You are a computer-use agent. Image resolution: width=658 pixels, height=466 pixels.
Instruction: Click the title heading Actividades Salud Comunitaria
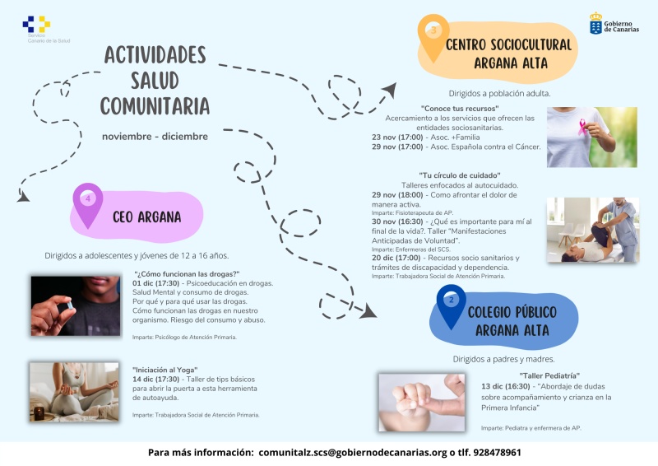click(155, 81)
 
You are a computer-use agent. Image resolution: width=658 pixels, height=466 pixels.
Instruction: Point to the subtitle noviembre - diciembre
click(155, 136)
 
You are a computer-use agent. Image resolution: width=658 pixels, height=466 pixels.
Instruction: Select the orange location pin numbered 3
click(433, 31)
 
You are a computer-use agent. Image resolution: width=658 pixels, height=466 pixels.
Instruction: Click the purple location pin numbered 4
click(88, 200)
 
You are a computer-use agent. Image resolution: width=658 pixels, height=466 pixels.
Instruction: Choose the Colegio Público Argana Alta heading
click(512, 321)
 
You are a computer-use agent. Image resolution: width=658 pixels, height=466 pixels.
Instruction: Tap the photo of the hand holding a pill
click(75, 305)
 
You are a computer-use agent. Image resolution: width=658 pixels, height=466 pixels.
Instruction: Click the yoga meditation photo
click(75, 392)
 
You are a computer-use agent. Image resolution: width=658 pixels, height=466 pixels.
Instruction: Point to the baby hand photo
click(422, 402)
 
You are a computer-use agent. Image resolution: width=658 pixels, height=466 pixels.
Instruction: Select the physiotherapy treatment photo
click(592, 229)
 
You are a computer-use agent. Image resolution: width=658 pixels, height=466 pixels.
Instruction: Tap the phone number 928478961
click(492, 453)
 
